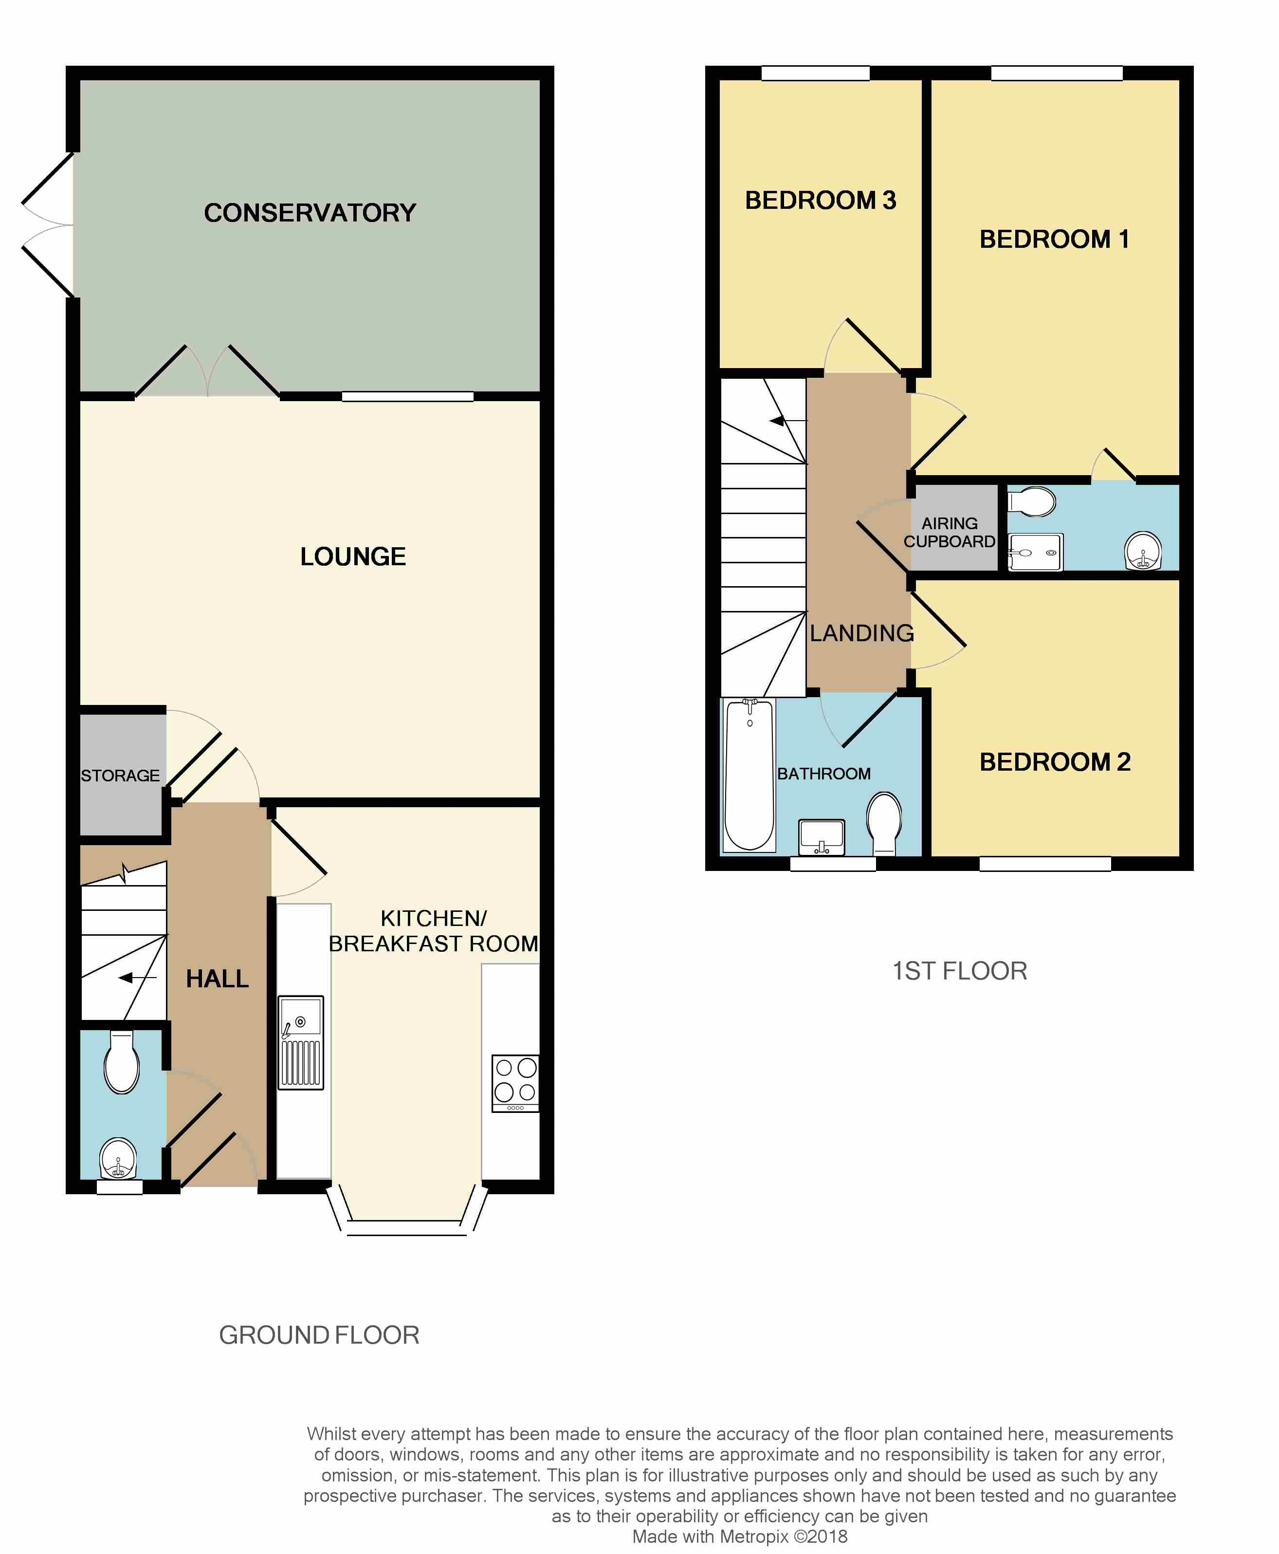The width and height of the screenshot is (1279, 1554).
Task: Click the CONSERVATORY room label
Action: [310, 213]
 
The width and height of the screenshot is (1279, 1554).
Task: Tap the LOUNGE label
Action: [353, 556]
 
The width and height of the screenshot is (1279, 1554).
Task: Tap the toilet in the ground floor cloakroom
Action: [122, 1061]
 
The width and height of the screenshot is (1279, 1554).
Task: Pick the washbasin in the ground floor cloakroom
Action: [118, 1158]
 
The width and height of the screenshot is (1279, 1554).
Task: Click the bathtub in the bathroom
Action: [749, 775]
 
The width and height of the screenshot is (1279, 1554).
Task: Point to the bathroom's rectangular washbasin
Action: [822, 837]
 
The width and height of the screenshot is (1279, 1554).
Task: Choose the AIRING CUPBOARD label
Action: [950, 532]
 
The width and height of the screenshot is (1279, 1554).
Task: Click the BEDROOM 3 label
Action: [821, 201]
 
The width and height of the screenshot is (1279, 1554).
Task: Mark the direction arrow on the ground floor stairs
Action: [138, 978]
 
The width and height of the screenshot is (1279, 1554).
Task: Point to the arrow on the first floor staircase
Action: [788, 421]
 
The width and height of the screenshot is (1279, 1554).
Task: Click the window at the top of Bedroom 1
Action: [1057, 73]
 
